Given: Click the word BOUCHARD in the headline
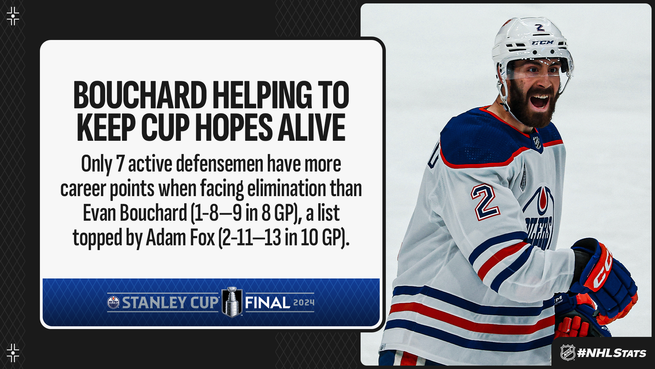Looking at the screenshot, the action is point(140,95).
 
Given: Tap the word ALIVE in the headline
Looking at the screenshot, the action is point(312,127).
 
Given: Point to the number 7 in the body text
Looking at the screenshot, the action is point(120,164).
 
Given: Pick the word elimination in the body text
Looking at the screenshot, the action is point(286,188).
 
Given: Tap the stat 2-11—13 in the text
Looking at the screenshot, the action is point(251,238).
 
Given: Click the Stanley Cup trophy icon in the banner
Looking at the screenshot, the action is point(232,302).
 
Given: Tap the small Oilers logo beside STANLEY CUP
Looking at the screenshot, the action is point(114,302).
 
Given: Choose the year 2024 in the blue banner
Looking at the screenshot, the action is point(304,302).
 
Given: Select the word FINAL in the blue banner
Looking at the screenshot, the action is point(267,303).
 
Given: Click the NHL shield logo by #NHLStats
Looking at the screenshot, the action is point(568,353).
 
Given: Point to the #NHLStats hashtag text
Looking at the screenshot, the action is point(611,353).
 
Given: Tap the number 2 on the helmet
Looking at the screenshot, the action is point(540,27).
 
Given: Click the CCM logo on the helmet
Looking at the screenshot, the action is point(543,43).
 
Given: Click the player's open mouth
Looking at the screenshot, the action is point(540,101).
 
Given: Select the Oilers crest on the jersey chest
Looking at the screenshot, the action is point(539,219).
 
